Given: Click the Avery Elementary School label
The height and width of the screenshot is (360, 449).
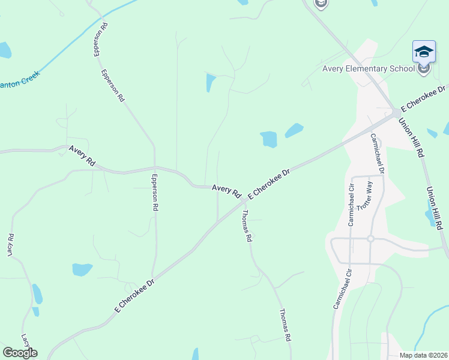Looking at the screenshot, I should (368, 68).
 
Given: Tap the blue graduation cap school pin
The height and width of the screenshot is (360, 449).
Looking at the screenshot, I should (424, 52).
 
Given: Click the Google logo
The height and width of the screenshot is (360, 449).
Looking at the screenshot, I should (20, 353).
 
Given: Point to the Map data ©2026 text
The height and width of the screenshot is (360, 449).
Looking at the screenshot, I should (423, 355).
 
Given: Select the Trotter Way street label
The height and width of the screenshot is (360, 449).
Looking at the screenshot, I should (365, 195).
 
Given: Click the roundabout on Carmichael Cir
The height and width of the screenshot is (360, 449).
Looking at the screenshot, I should (370, 238).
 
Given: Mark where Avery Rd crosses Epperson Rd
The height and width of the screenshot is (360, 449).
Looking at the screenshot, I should (155, 167).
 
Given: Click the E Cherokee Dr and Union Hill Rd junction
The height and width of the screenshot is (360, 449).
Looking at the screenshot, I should (396, 112).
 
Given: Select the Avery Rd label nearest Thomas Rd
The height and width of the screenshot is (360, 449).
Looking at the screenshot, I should (226, 191).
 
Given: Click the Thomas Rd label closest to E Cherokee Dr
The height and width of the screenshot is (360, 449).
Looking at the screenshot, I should (246, 225).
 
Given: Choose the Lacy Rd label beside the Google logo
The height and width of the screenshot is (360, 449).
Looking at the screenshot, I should (25, 342).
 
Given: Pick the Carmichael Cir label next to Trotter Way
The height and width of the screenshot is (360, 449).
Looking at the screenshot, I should (352, 204).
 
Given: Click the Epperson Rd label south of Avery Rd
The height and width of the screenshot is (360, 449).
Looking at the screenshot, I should (155, 192).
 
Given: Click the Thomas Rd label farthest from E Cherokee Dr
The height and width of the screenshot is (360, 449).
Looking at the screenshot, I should (285, 325).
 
